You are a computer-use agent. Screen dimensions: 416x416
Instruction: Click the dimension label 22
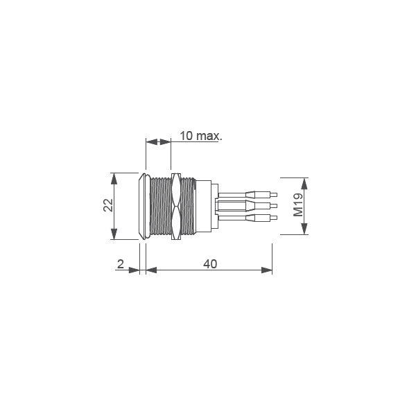[108, 206]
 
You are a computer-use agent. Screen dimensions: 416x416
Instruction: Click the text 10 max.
[200, 135]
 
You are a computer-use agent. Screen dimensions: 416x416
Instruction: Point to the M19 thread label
[298, 205]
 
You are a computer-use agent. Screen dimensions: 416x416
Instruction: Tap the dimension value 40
[210, 263]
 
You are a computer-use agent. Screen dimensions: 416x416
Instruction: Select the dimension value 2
[121, 264]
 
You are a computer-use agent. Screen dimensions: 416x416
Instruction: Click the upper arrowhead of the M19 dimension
[306, 180]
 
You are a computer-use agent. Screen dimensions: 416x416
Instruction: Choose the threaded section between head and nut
[160, 206]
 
